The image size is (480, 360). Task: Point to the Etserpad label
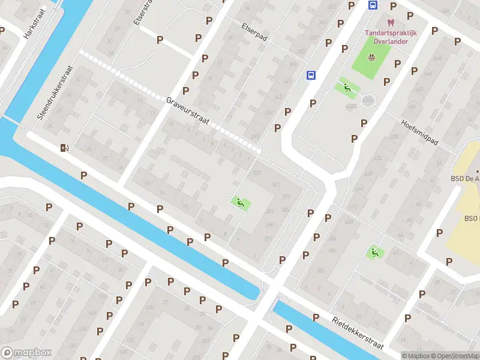tap(254, 32)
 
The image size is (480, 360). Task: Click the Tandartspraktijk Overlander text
tap(388, 37)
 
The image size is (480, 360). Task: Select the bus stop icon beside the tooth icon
tap(373, 5)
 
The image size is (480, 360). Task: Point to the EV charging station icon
tap(64, 148)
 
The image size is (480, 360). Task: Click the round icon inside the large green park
tap(371, 58)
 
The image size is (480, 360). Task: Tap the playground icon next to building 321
tap(241, 203)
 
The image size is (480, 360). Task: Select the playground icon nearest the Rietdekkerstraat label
tap(375, 253)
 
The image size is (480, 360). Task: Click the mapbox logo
tap(27, 353)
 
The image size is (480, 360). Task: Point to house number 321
tap(276, 184)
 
